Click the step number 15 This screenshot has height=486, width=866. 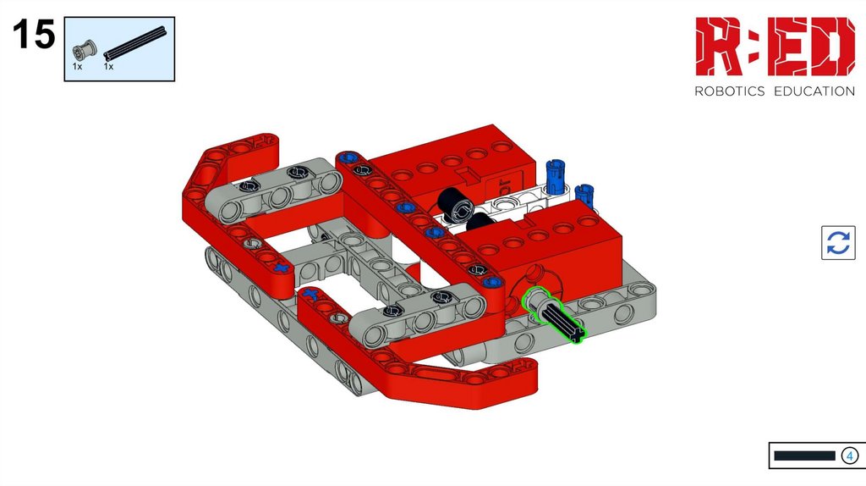click(x=34, y=34)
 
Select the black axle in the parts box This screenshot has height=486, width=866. click(x=134, y=42)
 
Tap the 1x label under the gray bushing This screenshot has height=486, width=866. click(x=77, y=66)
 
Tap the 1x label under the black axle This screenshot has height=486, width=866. click(x=108, y=66)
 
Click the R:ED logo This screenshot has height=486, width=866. click(x=775, y=47)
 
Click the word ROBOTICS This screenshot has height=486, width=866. click(x=729, y=91)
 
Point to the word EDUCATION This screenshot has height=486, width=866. click(x=814, y=91)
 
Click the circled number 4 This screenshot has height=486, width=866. click(x=849, y=456)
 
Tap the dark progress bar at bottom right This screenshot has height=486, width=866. click(x=804, y=456)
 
